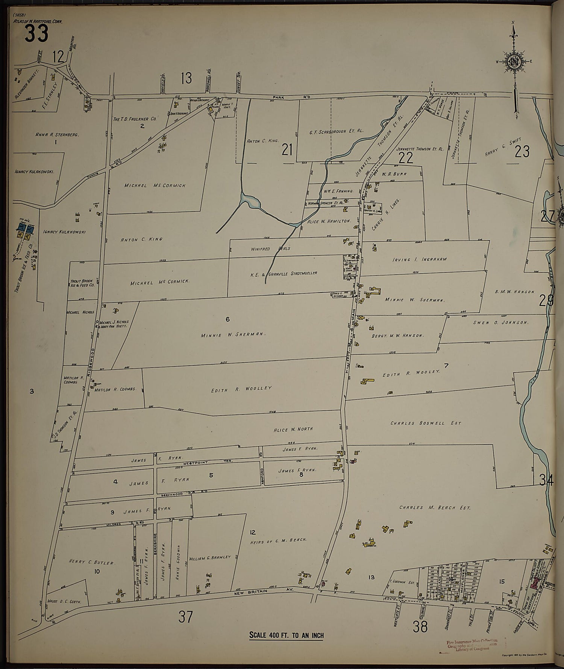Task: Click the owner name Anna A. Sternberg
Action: coord(57,134)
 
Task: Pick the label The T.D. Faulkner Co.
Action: coord(135,119)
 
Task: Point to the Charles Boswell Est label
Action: coord(425,423)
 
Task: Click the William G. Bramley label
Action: coord(209,558)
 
